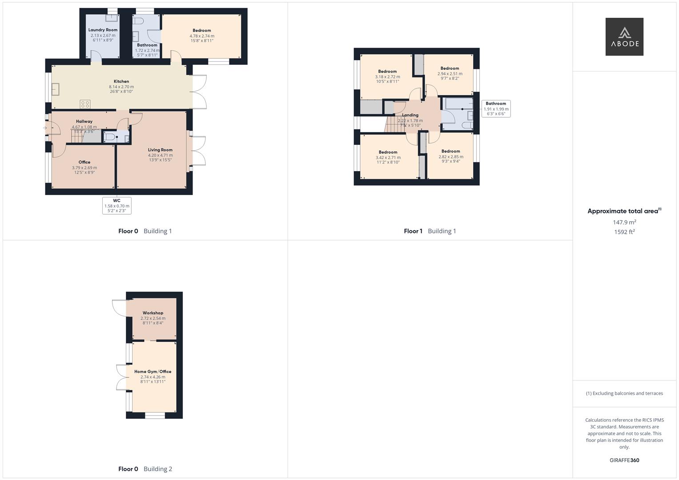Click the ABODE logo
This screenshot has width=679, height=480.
624,36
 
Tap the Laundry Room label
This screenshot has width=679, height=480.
103,30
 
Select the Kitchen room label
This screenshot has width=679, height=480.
121,81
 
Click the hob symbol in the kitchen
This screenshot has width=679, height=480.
85,104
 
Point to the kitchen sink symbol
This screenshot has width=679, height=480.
56,89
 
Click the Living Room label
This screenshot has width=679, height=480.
160,150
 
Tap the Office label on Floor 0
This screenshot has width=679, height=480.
84,162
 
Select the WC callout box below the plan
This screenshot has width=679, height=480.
117,205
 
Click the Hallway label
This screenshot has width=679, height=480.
84,121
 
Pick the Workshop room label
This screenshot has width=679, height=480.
153,313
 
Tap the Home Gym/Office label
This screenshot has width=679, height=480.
153,372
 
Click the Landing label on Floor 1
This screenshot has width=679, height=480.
410,115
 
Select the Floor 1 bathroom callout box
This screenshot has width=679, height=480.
496,108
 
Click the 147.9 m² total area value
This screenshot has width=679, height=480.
624,222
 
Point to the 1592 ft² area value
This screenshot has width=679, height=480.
624,232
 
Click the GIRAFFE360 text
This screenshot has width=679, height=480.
624,460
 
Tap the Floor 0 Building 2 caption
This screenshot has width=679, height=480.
145,469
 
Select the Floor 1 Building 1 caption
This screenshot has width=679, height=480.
430,231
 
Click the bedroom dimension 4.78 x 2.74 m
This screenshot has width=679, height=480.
202,36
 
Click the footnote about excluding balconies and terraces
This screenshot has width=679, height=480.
624,393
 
